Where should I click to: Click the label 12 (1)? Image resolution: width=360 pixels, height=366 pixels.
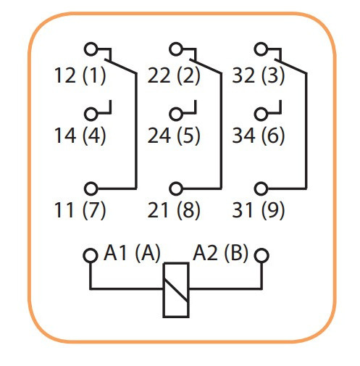click(x=80, y=75)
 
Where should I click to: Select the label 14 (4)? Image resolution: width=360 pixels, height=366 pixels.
click(x=80, y=136)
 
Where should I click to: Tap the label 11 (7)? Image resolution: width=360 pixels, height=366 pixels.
click(x=80, y=211)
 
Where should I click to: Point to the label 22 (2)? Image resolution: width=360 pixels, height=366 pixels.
click(x=173, y=75)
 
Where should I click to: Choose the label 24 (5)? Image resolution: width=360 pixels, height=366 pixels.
click(x=173, y=136)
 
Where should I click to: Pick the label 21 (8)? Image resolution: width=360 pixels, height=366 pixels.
click(x=173, y=211)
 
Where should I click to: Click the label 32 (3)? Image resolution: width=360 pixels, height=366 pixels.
click(x=258, y=75)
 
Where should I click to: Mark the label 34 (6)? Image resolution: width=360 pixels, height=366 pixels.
click(x=258, y=136)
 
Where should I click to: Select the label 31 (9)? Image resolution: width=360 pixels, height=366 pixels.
click(x=258, y=211)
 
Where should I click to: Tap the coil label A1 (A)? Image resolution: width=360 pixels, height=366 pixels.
click(x=133, y=254)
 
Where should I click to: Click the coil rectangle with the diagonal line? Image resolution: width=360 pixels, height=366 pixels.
click(x=176, y=288)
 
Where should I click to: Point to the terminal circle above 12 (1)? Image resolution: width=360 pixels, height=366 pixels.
click(x=91, y=49)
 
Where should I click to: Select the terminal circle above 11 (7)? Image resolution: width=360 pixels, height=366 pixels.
click(x=91, y=188)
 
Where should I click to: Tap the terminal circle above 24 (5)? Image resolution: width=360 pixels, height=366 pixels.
click(x=176, y=114)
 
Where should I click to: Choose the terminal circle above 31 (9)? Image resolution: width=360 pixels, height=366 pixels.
click(x=260, y=188)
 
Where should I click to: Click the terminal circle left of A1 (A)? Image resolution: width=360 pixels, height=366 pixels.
click(x=90, y=256)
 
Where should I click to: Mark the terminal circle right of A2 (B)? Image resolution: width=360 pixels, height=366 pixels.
click(x=261, y=256)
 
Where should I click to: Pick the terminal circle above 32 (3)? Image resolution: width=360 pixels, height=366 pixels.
click(x=260, y=49)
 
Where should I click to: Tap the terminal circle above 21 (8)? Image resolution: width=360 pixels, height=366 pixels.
click(x=176, y=188)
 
